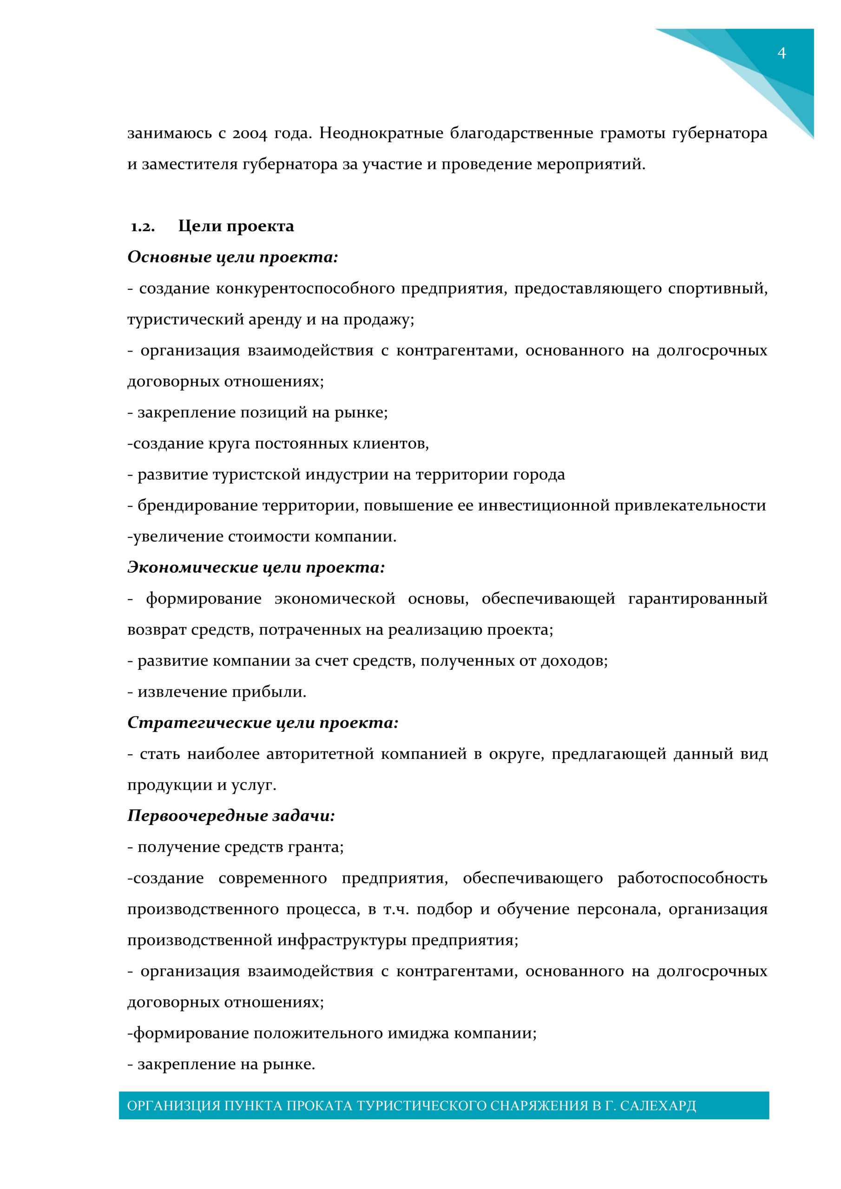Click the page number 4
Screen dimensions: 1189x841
pyautogui.click(x=782, y=53)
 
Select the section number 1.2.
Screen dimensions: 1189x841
pyautogui.click(x=143, y=227)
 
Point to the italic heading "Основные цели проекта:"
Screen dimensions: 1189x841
pyautogui.click(x=233, y=257)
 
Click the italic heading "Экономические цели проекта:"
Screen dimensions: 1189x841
pyautogui.click(x=256, y=568)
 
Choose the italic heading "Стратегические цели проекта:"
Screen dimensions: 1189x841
pyautogui.click(x=263, y=723)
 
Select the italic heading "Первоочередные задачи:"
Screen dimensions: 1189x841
pyautogui.click(x=231, y=816)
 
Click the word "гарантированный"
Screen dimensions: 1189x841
pyautogui.click(x=697, y=599)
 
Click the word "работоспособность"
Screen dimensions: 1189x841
pyautogui.click(x=692, y=879)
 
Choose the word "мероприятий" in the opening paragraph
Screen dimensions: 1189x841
pyautogui.click(x=591, y=165)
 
